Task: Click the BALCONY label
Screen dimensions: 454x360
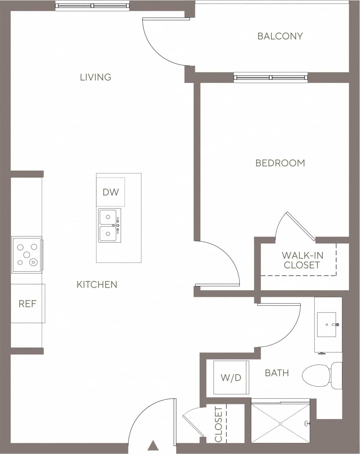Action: [280, 36]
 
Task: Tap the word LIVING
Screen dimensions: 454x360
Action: [96, 77]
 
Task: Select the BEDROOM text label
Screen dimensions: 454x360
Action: [280, 163]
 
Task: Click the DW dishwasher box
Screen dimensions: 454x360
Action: [110, 192]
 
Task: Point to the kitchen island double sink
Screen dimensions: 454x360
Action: [108, 226]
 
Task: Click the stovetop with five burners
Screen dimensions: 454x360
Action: [27, 255]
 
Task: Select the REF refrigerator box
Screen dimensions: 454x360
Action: [28, 303]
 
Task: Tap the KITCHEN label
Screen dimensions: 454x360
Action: [97, 285]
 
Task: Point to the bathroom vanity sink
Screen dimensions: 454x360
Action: [327, 325]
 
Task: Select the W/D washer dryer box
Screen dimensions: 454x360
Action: [231, 377]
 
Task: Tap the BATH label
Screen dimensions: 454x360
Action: [277, 373]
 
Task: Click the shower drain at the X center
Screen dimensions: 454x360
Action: [280, 424]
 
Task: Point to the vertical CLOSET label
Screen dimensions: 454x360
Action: [219, 424]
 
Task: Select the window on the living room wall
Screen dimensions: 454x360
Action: [92, 6]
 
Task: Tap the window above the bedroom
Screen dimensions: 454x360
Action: [271, 77]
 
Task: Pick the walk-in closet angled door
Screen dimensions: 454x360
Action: [301, 226]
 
